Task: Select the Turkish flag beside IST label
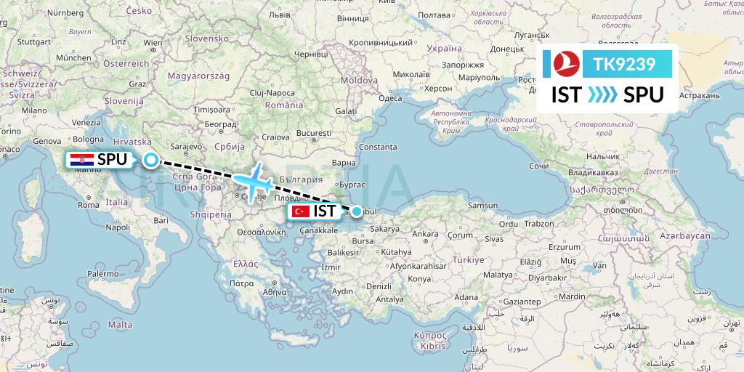[x=301, y=211]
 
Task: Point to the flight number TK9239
[x=624, y=65]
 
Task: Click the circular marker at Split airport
[x=150, y=160]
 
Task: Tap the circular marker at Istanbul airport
[x=357, y=211]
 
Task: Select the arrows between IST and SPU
[x=602, y=94]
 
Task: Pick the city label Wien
[x=153, y=43]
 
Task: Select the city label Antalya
[x=390, y=299]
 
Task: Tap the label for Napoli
[x=117, y=227]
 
